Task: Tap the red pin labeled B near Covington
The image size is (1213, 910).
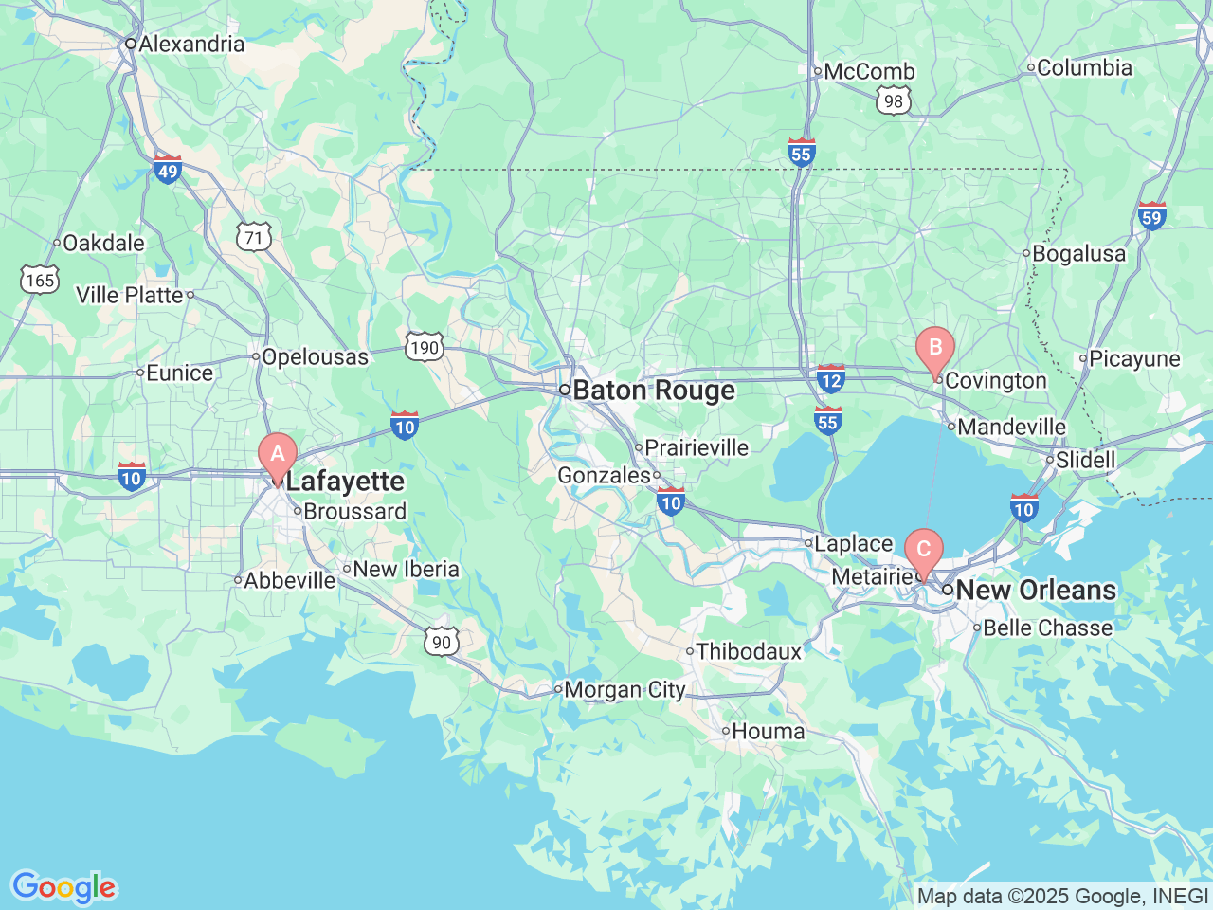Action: (x=935, y=348)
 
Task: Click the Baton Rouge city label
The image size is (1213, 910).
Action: (x=653, y=391)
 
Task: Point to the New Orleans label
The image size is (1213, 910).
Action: (x=1035, y=590)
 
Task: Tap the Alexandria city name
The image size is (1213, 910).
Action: (x=190, y=44)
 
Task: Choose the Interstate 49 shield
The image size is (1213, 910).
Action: (x=168, y=171)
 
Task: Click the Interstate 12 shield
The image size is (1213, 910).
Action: (x=830, y=379)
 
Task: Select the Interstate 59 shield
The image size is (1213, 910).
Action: (x=1151, y=217)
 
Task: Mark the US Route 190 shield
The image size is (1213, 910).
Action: (x=424, y=347)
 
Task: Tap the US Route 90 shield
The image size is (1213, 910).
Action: (x=442, y=642)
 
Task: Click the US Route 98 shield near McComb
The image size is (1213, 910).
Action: (x=894, y=101)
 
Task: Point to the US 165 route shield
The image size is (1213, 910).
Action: (x=40, y=280)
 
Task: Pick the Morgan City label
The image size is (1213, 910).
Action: (x=625, y=690)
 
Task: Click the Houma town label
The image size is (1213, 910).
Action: (x=768, y=731)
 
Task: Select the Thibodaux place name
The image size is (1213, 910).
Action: (x=749, y=651)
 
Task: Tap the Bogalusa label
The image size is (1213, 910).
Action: (x=1078, y=253)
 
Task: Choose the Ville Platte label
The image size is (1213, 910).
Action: (x=130, y=295)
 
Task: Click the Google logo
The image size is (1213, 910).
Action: (x=63, y=887)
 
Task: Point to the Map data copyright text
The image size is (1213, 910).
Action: (x=1062, y=896)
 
